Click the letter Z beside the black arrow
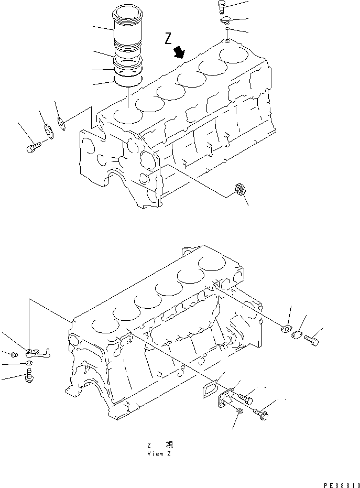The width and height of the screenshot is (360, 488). click(168, 38)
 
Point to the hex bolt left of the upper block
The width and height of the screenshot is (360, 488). click(33, 148)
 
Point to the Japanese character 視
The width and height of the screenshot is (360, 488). click(169, 444)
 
